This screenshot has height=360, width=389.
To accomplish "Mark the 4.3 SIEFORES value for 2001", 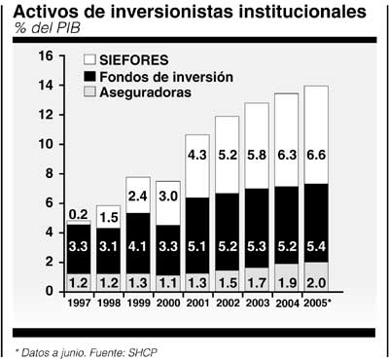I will tap(198, 154).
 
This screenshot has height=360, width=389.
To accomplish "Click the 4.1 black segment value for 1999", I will tap(137, 245).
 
